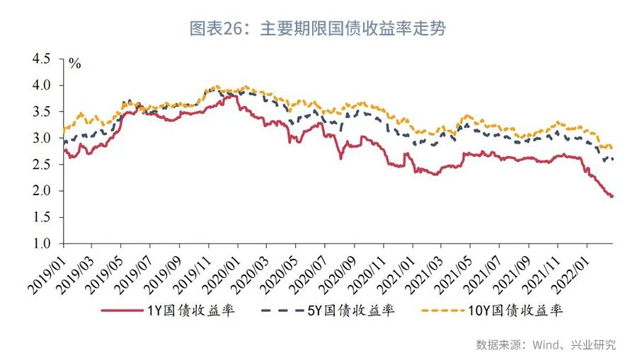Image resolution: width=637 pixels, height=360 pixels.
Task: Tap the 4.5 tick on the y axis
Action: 41,59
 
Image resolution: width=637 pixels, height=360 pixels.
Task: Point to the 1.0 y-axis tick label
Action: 41,244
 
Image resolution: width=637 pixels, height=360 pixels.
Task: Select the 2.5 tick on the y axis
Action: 41,165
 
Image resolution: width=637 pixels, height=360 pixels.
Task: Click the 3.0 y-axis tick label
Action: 41,138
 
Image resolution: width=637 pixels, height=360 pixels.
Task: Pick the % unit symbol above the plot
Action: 74,64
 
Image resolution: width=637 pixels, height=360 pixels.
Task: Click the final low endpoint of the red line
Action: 612,196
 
